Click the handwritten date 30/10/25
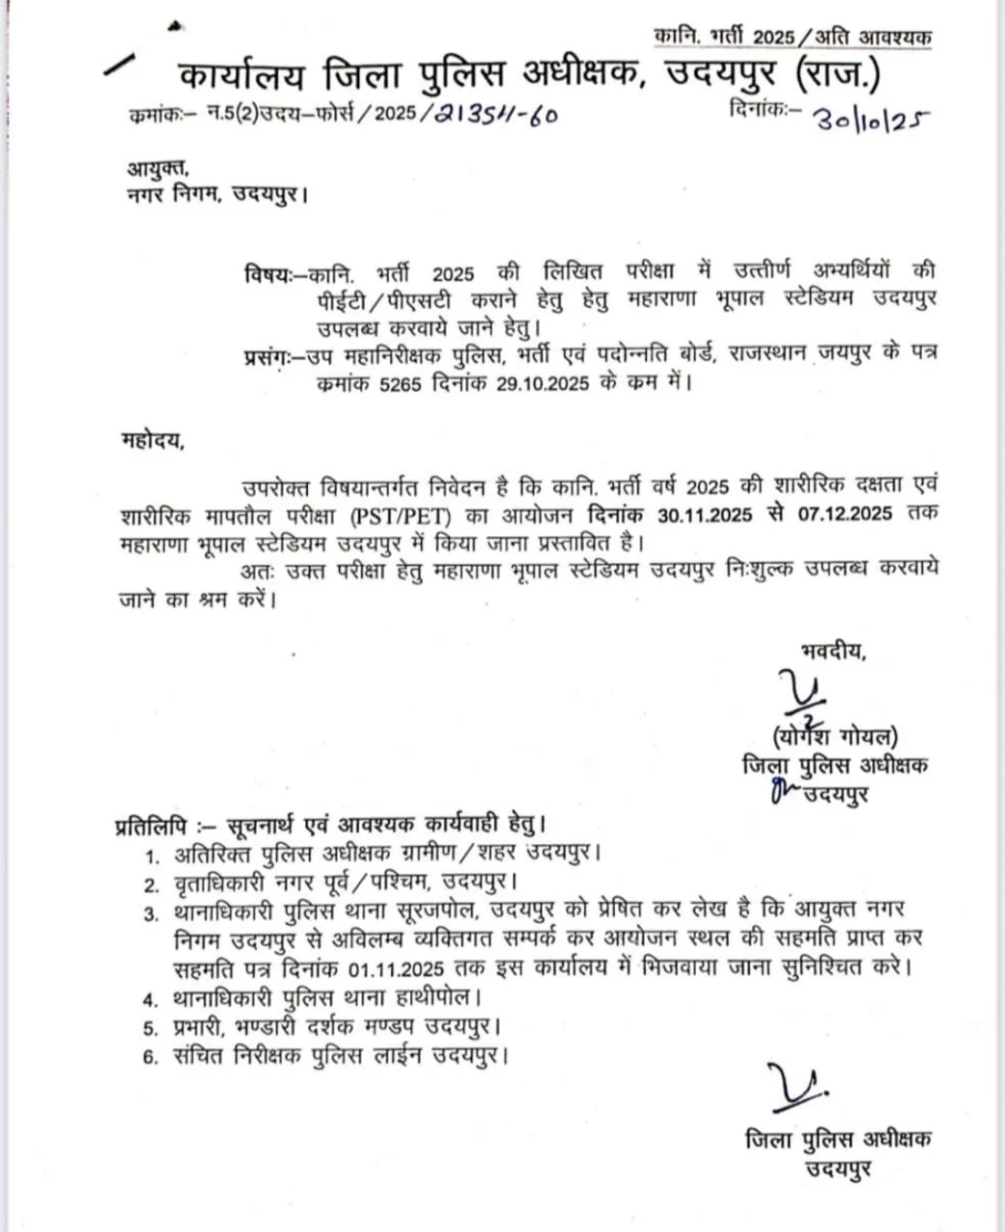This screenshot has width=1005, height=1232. (872, 118)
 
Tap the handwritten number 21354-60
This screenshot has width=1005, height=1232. (496, 114)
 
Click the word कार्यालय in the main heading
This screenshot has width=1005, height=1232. (241, 75)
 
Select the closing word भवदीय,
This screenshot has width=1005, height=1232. (834, 652)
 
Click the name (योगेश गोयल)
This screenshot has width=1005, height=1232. (835, 738)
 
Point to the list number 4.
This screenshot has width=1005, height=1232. (150, 999)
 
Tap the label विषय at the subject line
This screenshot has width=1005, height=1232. (267, 273)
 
